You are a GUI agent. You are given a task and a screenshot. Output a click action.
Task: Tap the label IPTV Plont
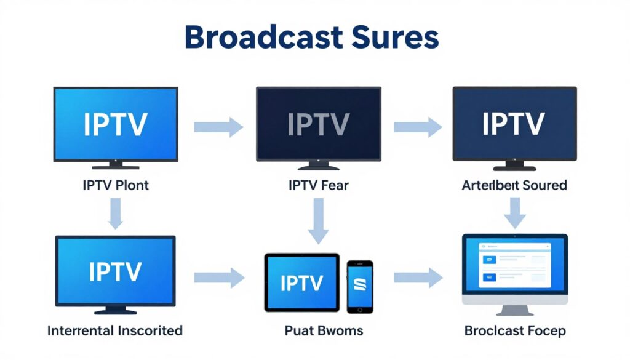[116, 185]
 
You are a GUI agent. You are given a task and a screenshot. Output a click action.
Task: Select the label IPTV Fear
[318, 185]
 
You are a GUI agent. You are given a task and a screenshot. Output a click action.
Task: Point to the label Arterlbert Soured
[514, 185]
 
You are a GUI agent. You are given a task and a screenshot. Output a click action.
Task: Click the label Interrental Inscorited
[115, 330]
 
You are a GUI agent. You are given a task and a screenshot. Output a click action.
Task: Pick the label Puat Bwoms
[324, 330]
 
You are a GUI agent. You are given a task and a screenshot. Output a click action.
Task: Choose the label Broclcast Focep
[514, 330]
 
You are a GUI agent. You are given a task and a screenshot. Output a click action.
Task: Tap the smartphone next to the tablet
[360, 286]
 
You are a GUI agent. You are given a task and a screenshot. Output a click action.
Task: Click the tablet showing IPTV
[302, 282]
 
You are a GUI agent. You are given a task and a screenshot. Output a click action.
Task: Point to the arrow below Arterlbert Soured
[514, 214]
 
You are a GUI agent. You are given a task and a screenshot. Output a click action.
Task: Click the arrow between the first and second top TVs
[218, 127]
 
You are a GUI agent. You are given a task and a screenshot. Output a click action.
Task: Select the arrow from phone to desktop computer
[418, 278]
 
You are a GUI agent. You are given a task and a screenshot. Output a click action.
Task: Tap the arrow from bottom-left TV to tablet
[219, 278]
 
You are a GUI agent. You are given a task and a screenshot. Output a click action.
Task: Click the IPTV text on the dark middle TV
[318, 124]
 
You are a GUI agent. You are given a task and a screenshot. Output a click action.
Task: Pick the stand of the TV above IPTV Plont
[116, 166]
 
